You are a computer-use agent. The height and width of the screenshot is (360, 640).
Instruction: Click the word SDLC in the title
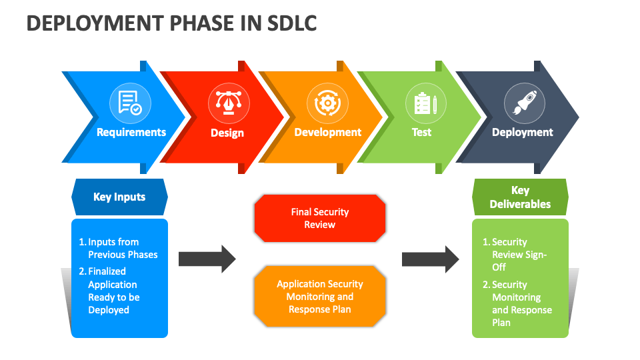point(291,23)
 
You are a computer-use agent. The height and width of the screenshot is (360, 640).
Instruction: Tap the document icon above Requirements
point(130,103)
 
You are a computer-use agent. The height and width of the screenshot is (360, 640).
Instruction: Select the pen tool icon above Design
point(229,103)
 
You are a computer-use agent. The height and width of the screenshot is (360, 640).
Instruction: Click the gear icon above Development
point(327,103)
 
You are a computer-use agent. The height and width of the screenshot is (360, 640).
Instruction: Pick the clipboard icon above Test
point(426,103)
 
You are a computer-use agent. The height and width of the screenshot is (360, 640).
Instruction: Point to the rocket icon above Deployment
point(525,103)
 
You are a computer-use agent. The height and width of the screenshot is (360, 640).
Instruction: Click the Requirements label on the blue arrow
point(131,132)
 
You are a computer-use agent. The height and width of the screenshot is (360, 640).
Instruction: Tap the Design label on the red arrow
point(227,133)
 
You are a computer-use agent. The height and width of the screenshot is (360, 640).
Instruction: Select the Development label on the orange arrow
point(328,132)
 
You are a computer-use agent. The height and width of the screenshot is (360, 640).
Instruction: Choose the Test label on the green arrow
point(421,132)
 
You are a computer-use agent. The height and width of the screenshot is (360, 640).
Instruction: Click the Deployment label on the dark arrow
point(523,132)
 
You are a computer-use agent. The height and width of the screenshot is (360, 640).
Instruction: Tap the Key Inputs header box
point(119,197)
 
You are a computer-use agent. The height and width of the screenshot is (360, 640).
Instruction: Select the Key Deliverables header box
point(521,197)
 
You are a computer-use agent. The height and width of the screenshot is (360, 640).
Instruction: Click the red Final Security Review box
point(320,219)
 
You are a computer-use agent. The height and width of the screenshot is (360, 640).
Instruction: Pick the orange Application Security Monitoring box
point(320,296)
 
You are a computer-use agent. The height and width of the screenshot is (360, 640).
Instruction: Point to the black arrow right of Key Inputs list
point(207,259)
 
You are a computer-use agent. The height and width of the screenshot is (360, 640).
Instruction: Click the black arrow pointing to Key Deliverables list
point(431,259)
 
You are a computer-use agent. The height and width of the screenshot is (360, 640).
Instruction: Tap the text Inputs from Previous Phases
point(119,248)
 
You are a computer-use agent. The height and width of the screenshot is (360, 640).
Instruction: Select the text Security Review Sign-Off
point(515,254)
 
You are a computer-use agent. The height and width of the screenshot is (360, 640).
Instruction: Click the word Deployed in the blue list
point(109,310)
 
